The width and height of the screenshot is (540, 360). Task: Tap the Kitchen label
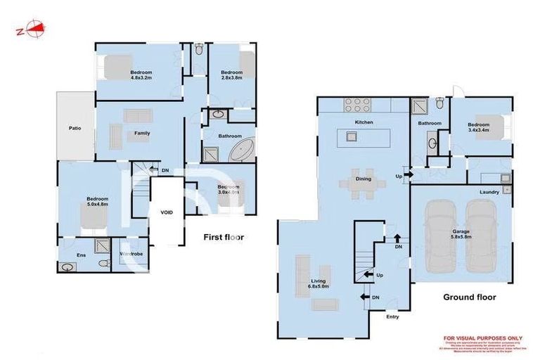(x=364, y=123)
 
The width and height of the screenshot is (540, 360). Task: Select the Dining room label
(x=364, y=179)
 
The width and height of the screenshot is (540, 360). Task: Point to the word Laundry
(x=489, y=191)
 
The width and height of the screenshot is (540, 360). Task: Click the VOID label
(x=167, y=212)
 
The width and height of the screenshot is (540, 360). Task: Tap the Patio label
(x=75, y=128)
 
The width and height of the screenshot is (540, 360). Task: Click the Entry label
(x=392, y=316)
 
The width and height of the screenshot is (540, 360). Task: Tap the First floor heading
(x=224, y=237)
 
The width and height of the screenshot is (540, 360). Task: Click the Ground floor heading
(x=469, y=297)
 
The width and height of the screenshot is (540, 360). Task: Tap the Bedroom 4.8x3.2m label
(x=141, y=75)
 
